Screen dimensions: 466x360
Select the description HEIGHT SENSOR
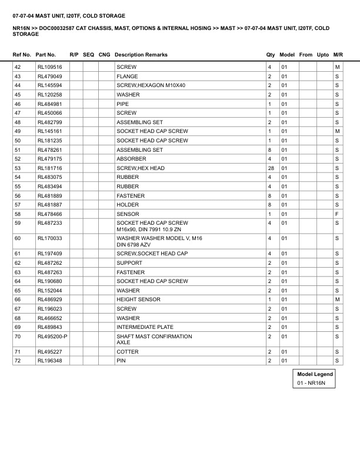(138, 299)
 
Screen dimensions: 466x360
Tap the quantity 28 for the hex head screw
(271, 168)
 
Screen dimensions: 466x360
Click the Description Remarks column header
(141, 55)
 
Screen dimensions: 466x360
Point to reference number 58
(18, 214)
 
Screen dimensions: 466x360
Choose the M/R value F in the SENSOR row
(337, 214)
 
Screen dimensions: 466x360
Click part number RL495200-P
(52, 337)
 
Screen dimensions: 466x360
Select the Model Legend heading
(315, 374)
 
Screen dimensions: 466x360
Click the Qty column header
(271, 55)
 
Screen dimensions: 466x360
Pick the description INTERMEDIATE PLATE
(145, 327)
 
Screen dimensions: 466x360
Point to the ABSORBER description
(132, 159)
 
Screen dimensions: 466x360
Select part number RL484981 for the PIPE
(49, 104)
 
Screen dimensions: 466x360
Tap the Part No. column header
(46, 55)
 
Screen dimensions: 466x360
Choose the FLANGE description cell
(128, 76)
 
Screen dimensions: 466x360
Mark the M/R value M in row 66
(337, 299)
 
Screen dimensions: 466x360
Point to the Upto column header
(323, 55)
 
